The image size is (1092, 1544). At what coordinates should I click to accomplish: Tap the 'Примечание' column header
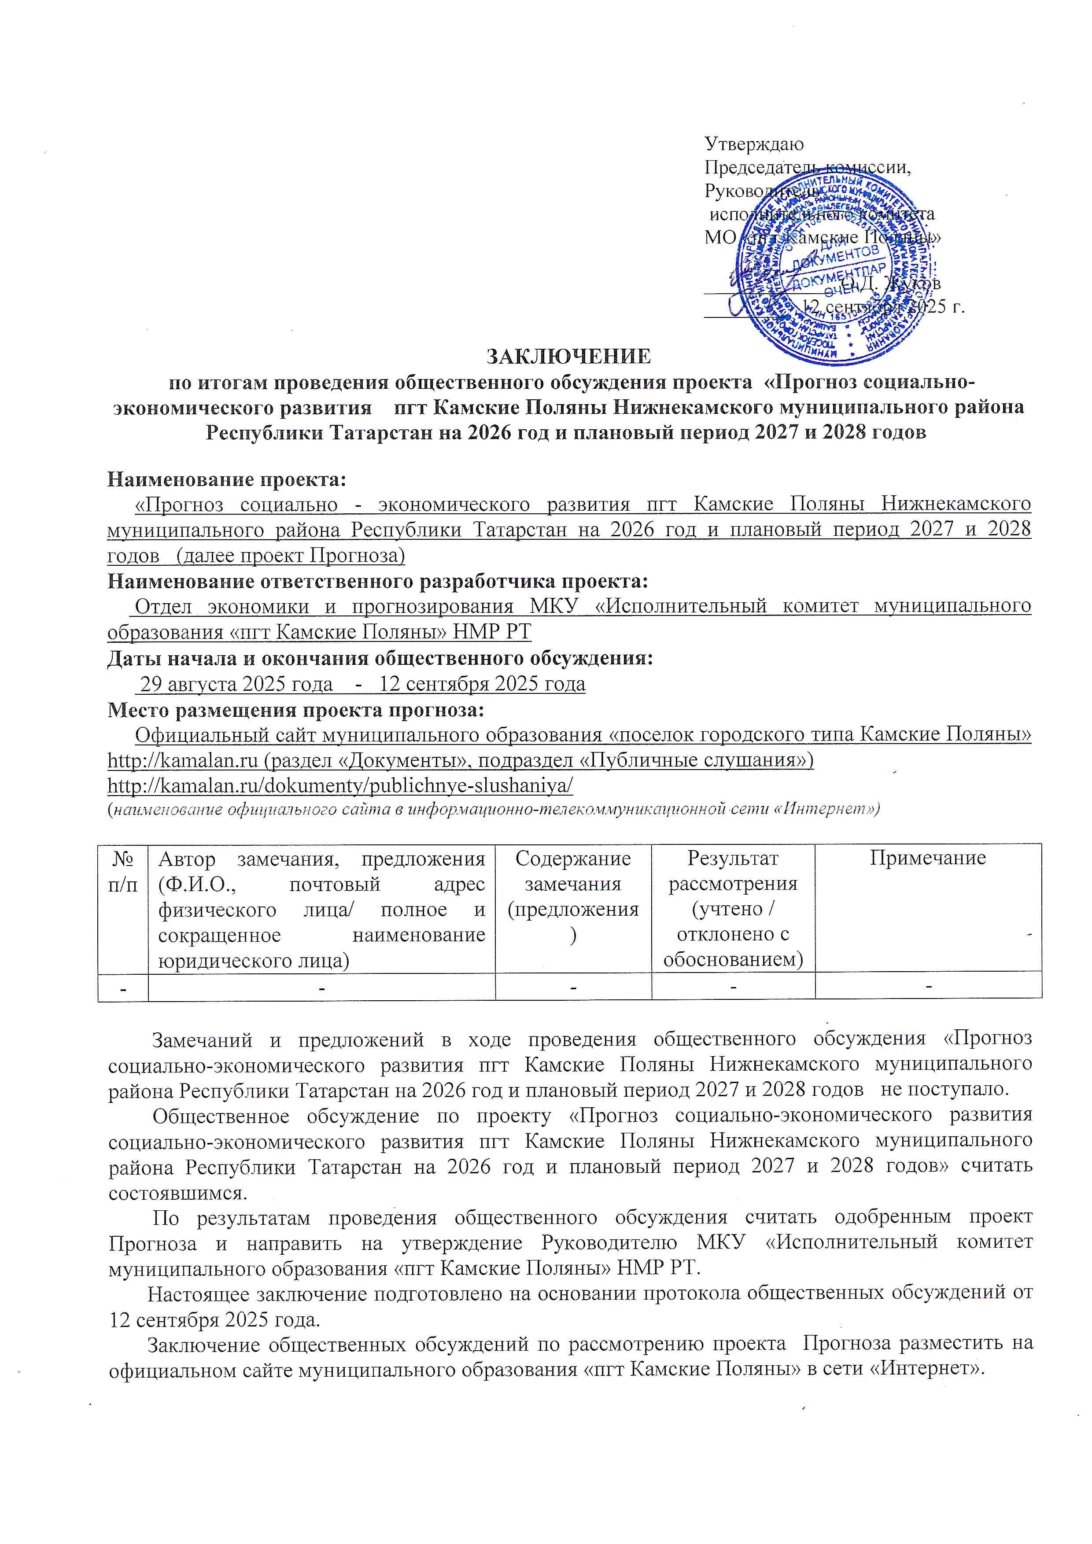928,858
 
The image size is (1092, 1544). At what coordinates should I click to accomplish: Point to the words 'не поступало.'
948,1089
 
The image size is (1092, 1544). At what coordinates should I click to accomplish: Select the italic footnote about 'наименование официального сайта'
494,810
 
